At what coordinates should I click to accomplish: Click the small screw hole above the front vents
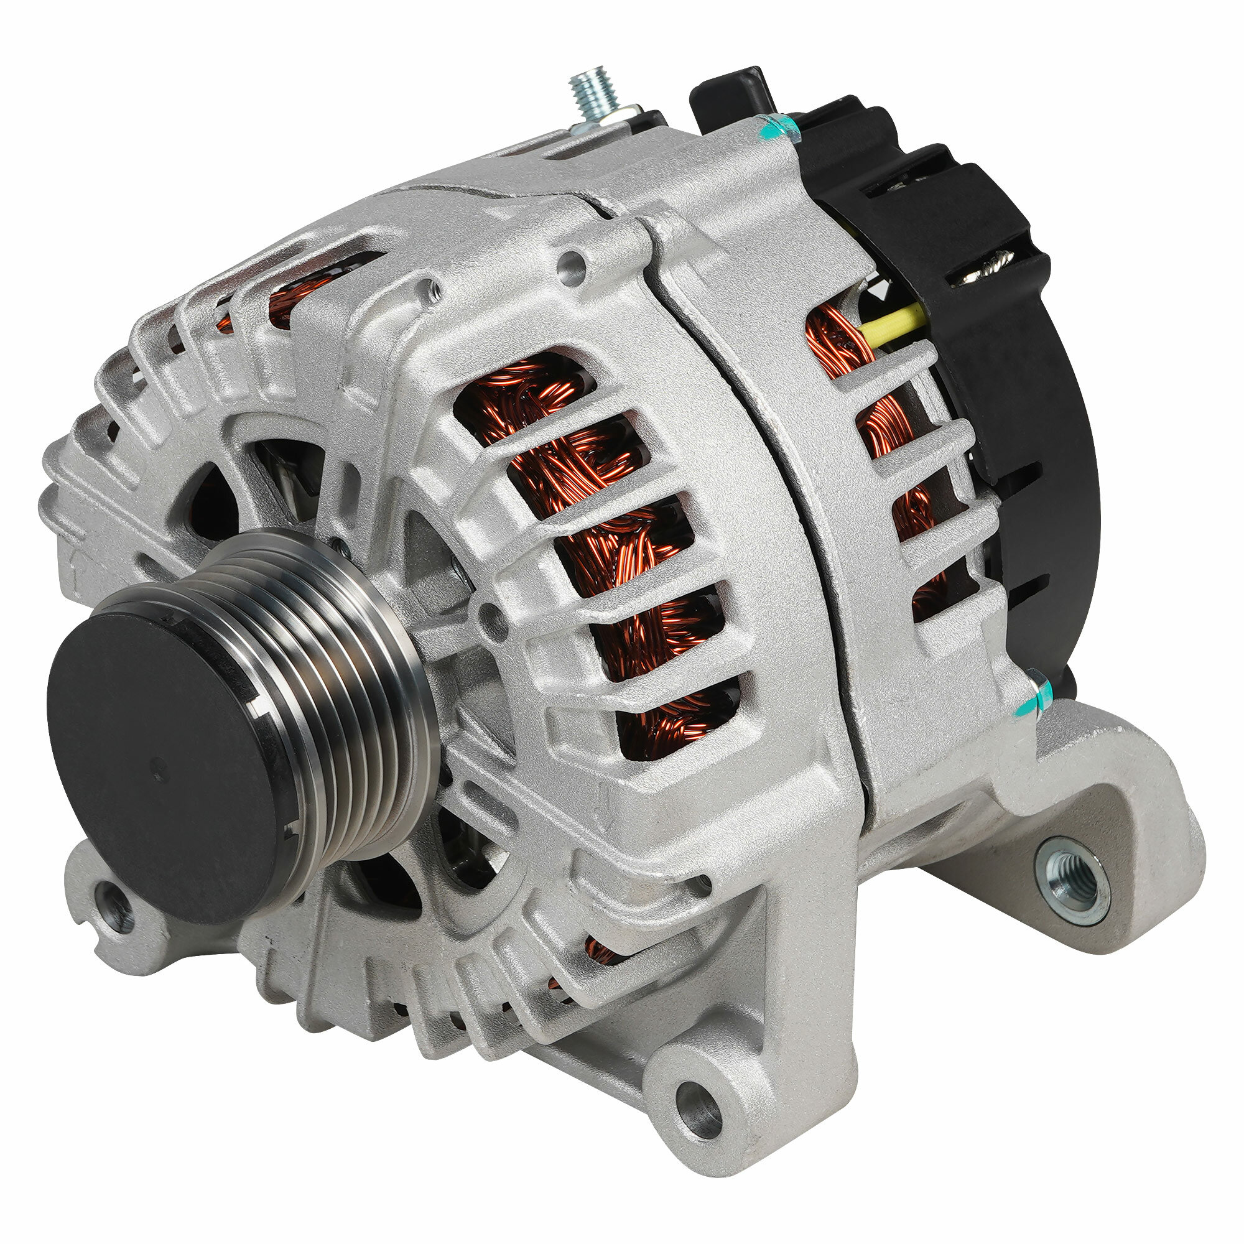[570, 262]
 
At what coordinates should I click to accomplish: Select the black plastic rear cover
[1030, 419]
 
